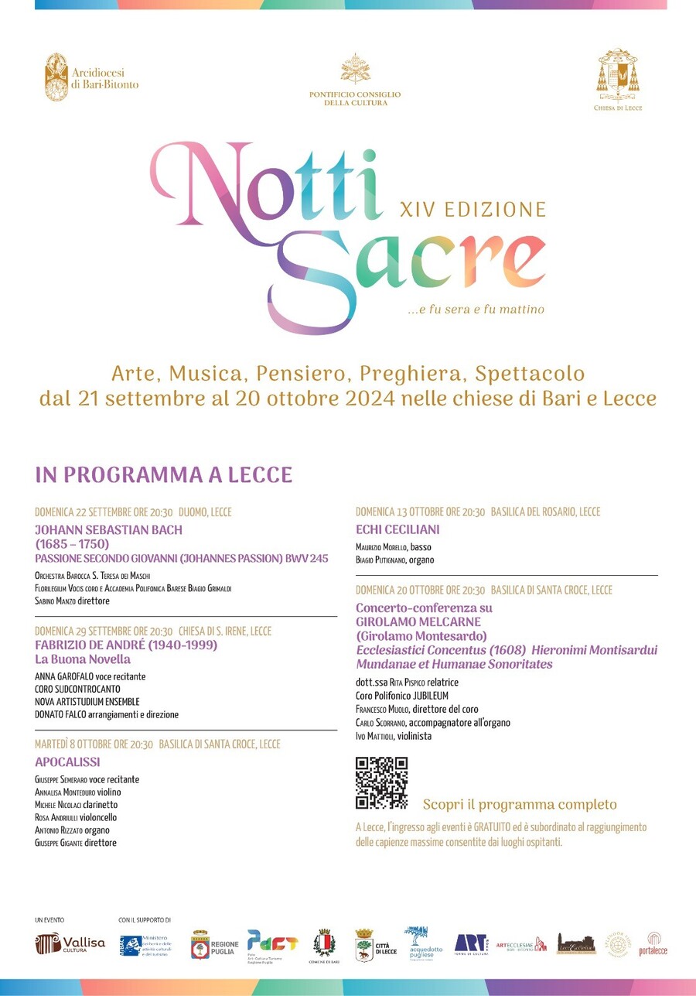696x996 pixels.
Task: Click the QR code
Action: tap(381, 783)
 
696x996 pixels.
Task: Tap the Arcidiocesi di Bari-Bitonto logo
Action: tap(91, 77)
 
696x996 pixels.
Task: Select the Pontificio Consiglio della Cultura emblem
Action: tap(355, 79)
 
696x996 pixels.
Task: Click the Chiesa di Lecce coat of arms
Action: tap(617, 79)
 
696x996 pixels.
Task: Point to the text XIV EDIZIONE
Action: tap(473, 209)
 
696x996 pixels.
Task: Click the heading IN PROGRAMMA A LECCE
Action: tap(163, 474)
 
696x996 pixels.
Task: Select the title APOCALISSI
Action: tap(67, 762)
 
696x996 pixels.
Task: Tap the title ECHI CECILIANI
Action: tap(397, 529)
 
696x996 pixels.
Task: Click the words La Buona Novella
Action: tap(83, 659)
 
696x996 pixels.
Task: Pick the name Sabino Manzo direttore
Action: tap(72, 601)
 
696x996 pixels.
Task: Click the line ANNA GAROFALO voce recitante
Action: tap(90, 676)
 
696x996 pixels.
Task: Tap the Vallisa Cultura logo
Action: tap(70, 943)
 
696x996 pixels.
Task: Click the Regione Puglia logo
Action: tap(215, 944)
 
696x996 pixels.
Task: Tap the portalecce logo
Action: tap(653, 943)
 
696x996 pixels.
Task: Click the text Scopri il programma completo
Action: tap(520, 804)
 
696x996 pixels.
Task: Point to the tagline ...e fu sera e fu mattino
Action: tap(476, 310)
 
